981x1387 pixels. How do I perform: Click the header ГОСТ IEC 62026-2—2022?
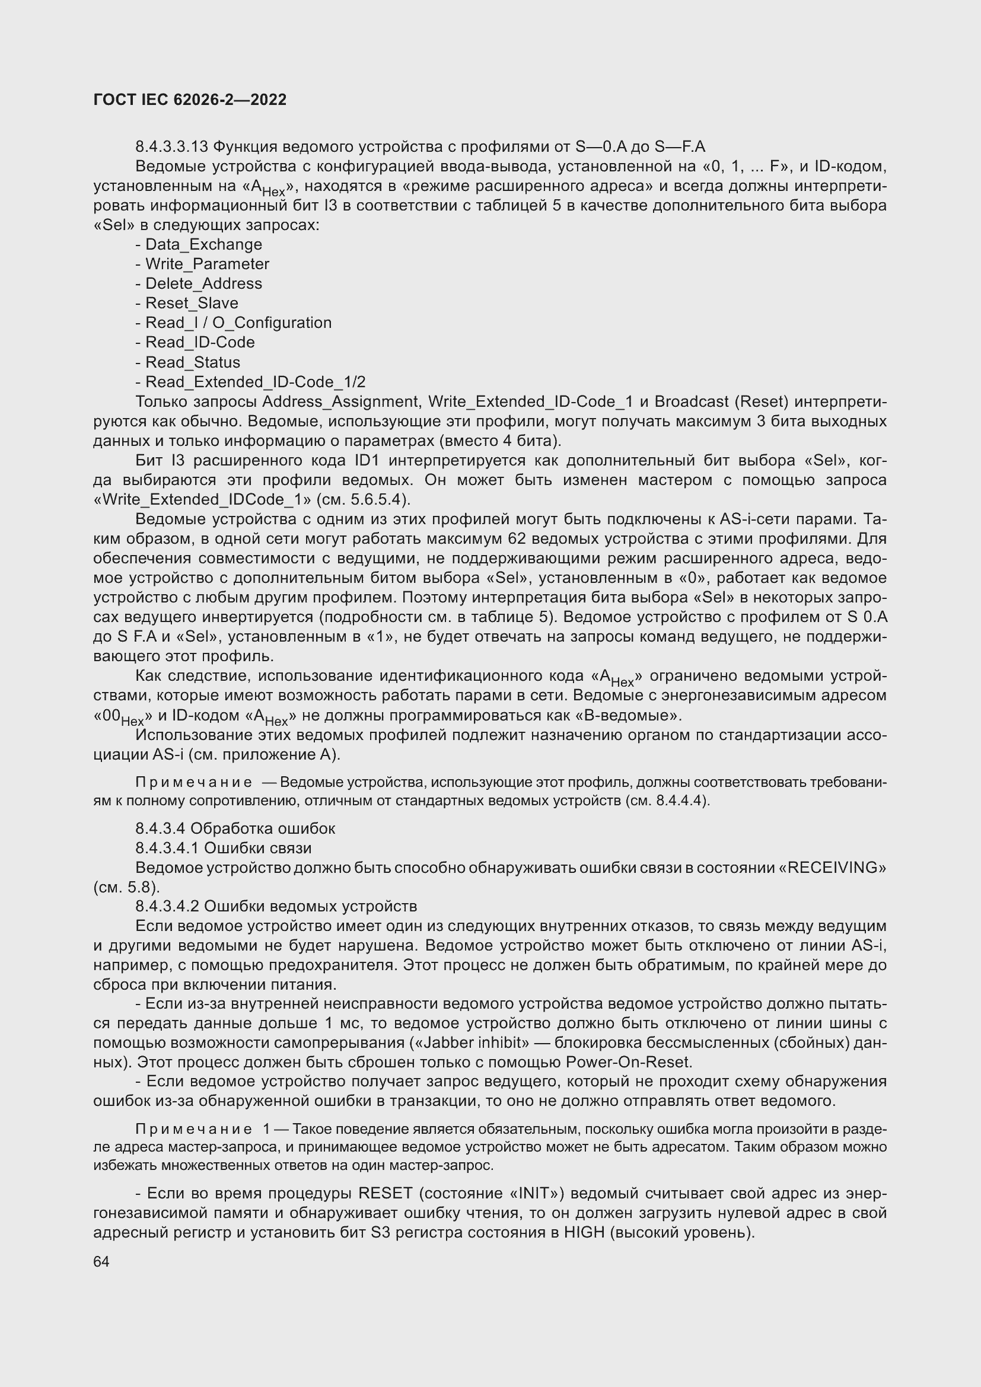190,100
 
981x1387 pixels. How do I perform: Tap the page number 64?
101,1261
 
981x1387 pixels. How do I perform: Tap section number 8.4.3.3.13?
171,147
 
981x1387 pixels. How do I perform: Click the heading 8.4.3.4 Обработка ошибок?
235,828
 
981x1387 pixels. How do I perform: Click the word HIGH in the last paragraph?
584,1232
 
